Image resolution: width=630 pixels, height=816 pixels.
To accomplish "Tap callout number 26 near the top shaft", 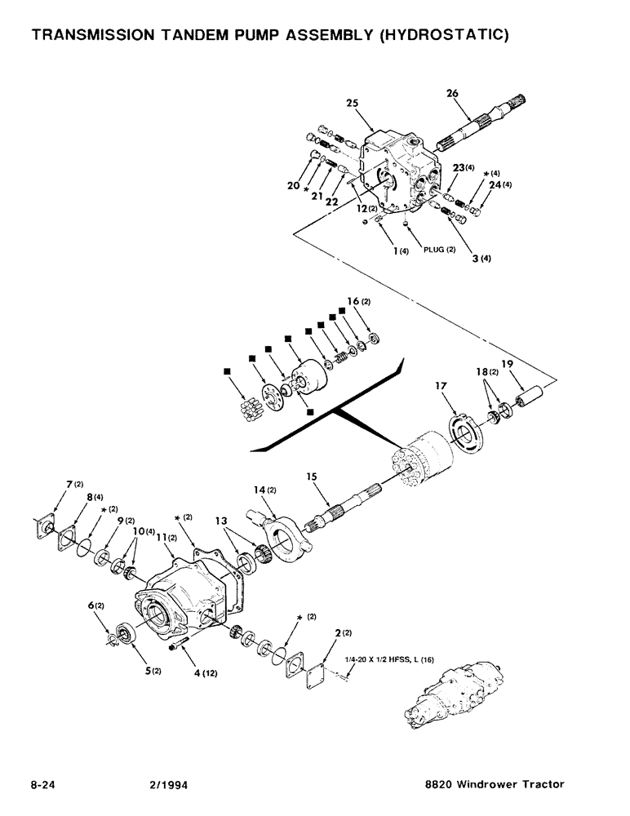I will (451, 94).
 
